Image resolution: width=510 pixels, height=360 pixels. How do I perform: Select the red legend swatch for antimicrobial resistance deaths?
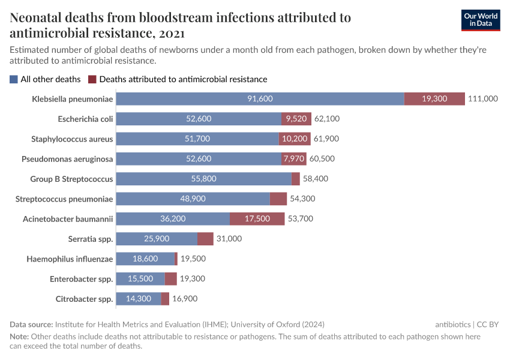92,79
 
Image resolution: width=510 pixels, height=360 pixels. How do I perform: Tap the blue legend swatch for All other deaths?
13,79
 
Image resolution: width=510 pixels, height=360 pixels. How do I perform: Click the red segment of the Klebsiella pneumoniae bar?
434,99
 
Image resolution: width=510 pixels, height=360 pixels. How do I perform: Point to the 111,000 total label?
483,99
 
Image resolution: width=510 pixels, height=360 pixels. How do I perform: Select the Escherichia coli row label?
85,119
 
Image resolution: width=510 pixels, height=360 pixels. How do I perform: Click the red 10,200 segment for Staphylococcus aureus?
294,139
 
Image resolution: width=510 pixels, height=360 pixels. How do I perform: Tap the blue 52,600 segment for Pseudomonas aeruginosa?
199,159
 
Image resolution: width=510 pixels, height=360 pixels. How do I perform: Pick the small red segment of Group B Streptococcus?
295,179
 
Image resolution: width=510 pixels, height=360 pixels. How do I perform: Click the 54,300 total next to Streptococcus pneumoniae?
302,199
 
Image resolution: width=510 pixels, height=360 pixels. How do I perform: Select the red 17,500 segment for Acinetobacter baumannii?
257,219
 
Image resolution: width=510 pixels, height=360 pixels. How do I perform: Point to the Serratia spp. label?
91,239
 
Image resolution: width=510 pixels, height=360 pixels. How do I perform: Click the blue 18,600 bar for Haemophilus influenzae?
145,259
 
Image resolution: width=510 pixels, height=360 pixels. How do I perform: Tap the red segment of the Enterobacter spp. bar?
170,279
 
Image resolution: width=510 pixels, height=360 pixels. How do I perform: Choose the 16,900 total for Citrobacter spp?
185,299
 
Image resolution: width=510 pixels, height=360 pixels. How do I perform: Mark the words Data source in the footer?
31,324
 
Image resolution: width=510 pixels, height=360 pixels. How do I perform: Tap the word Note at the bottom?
19,337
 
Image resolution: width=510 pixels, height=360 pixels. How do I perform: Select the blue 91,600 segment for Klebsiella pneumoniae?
260,99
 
